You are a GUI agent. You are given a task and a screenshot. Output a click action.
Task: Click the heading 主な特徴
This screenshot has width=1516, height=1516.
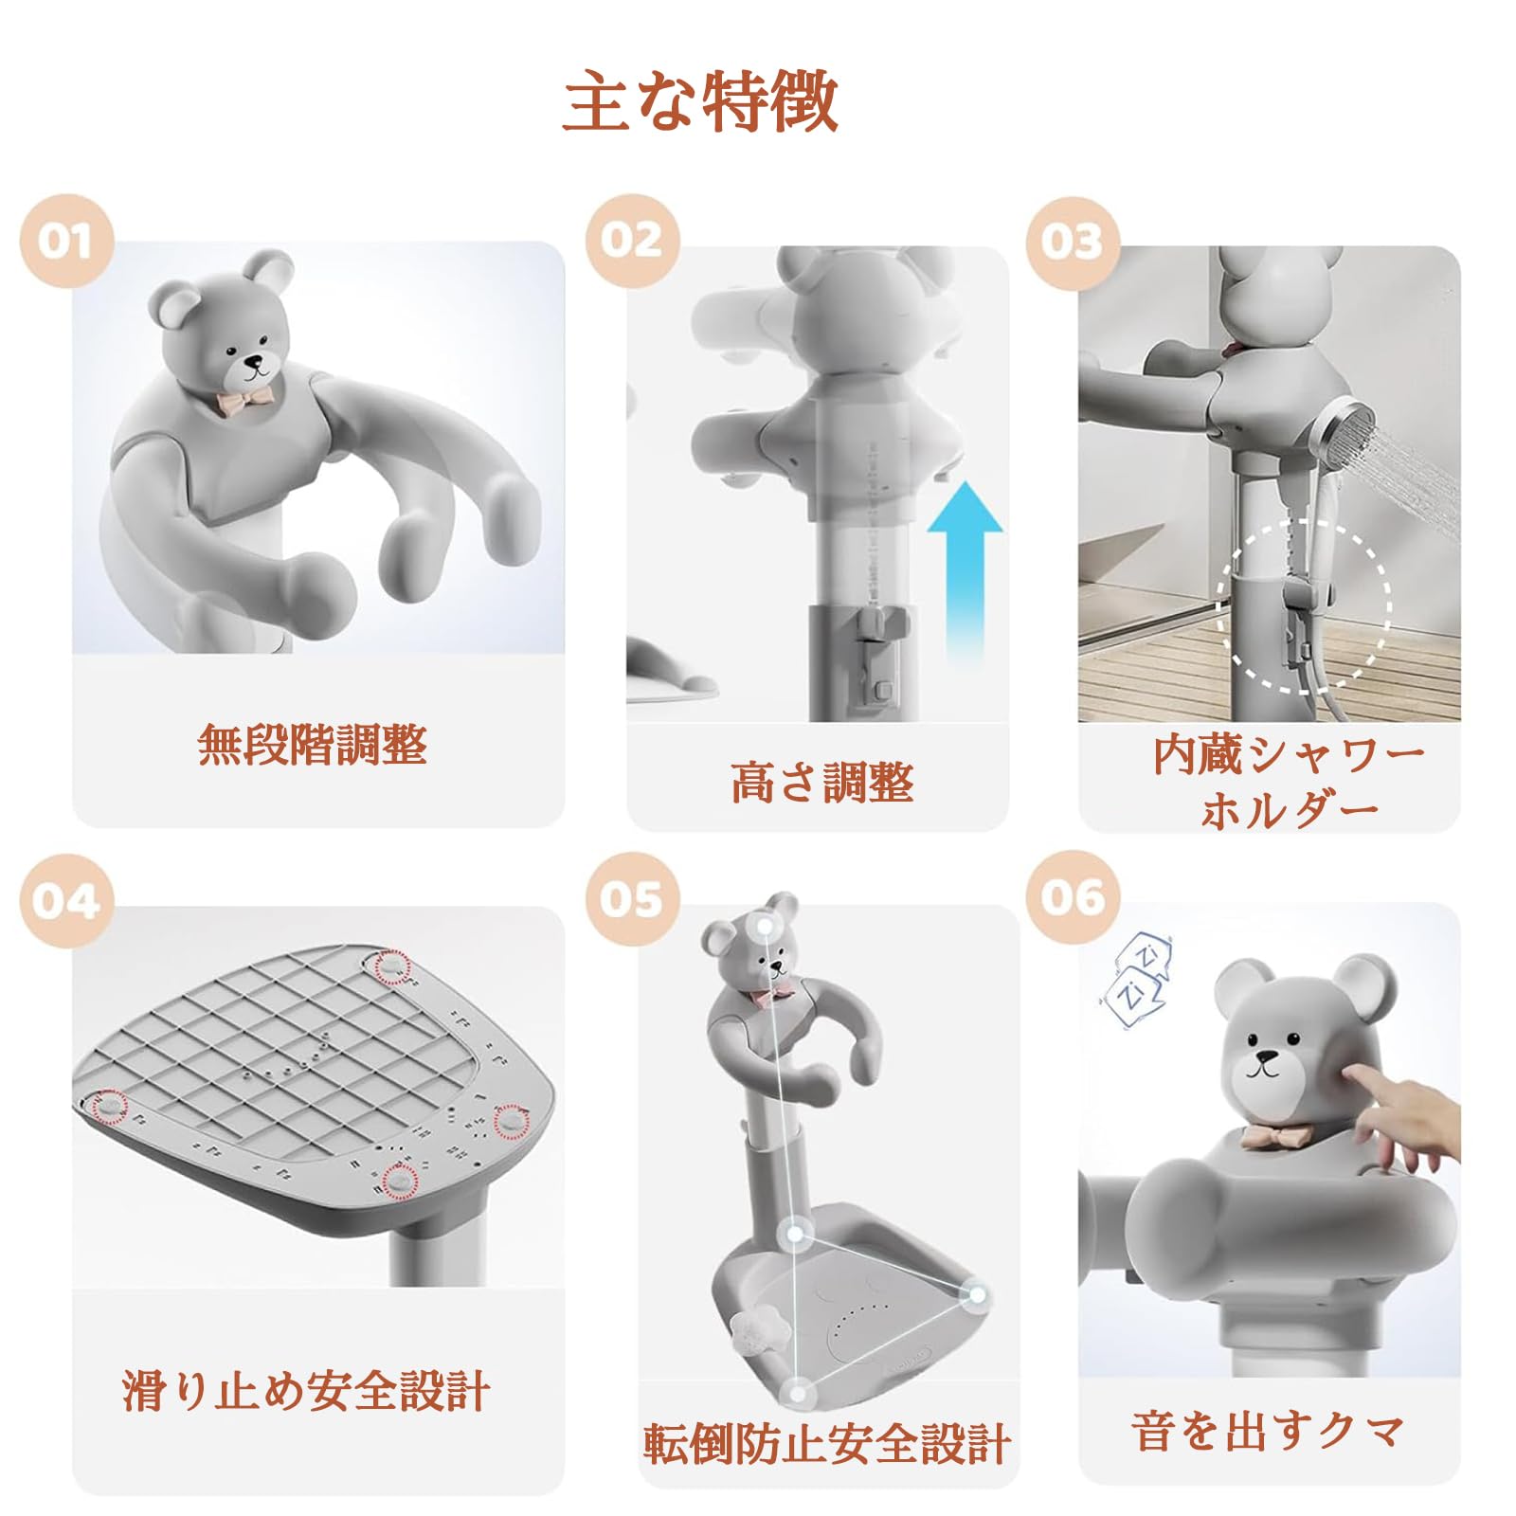(700, 101)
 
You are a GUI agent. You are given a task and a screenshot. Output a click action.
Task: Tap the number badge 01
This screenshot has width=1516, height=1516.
(66, 241)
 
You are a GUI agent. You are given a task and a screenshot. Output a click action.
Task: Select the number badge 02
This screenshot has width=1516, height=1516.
(632, 241)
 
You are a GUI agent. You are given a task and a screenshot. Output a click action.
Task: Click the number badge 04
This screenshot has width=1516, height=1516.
(66, 900)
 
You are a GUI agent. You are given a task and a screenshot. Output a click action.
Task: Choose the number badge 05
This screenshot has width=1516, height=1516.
(632, 898)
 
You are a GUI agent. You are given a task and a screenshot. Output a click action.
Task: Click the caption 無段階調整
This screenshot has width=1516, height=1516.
(313, 745)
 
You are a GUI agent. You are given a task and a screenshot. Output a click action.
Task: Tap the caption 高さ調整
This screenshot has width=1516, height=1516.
(822, 783)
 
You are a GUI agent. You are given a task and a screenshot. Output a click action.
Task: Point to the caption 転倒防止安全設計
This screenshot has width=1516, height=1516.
(826, 1444)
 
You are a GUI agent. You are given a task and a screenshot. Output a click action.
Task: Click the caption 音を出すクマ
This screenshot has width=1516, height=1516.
(1268, 1431)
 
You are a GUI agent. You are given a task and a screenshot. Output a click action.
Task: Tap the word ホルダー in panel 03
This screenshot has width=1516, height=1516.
(1290, 811)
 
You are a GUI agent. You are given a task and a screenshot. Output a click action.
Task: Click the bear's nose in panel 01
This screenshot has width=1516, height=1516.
(254, 362)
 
